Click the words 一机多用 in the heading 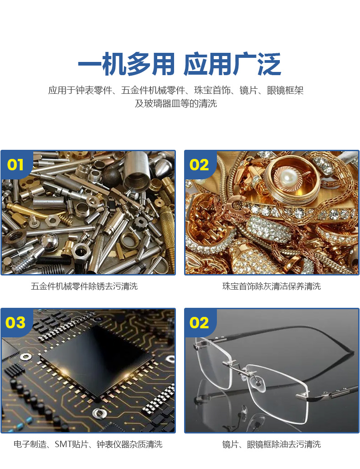(126, 65)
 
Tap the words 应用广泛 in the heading (232, 65)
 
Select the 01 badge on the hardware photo (15, 164)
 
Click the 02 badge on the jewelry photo (199, 164)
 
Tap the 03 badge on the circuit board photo (15, 322)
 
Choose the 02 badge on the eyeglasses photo (199, 322)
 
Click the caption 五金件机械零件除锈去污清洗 (84, 286)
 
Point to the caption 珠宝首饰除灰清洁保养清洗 (272, 286)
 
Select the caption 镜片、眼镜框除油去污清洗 (272, 444)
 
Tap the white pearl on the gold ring (288, 173)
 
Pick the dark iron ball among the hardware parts (112, 177)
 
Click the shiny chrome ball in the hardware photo (48, 240)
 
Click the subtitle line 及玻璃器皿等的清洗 (175, 104)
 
